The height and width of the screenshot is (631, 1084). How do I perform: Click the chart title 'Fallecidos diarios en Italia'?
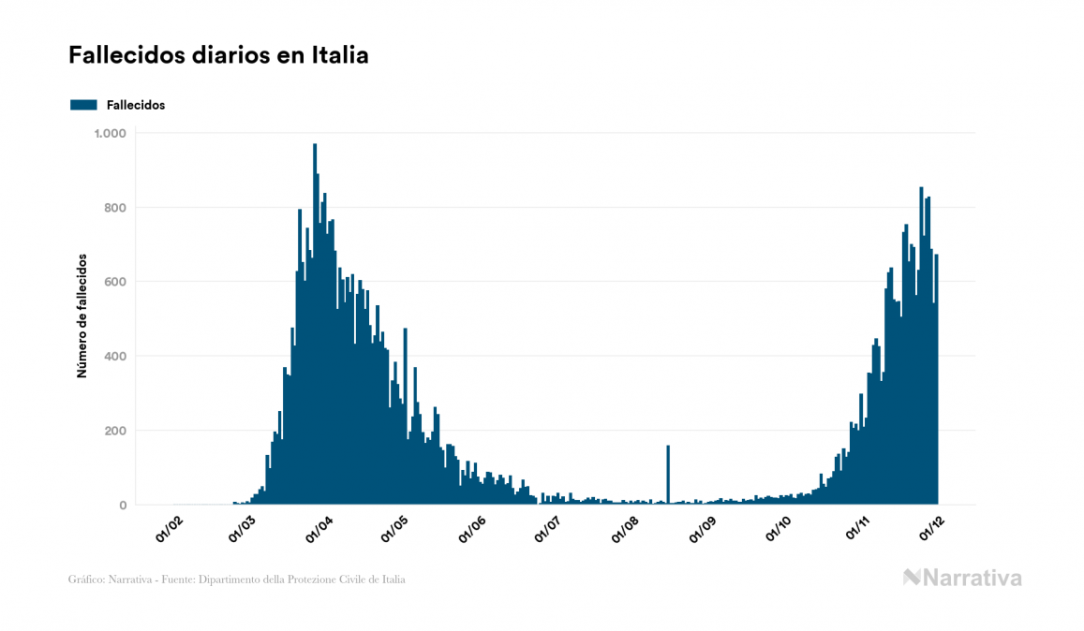218,56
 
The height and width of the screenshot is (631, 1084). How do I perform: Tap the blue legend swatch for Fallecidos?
83,105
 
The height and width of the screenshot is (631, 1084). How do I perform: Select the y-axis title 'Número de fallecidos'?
82,315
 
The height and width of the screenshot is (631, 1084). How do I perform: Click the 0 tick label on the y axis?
121,506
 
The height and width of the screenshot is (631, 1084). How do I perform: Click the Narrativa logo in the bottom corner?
962,578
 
